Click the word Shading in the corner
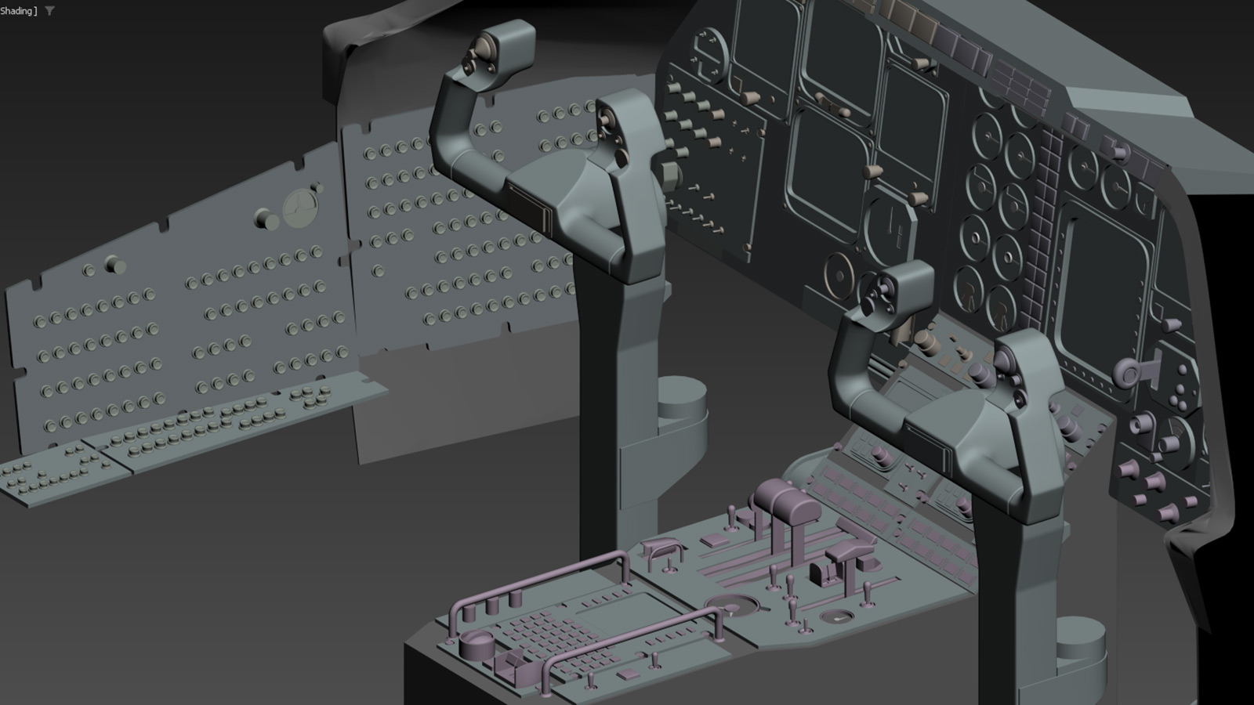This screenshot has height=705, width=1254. click(x=16, y=11)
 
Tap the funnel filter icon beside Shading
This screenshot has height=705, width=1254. click(x=50, y=11)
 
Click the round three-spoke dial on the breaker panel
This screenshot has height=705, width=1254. click(x=301, y=208)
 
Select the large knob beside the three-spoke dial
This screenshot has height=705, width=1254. click(x=266, y=219)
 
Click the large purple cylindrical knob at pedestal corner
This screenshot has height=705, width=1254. click(x=477, y=644)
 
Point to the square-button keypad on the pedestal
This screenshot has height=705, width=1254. click(x=554, y=638)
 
